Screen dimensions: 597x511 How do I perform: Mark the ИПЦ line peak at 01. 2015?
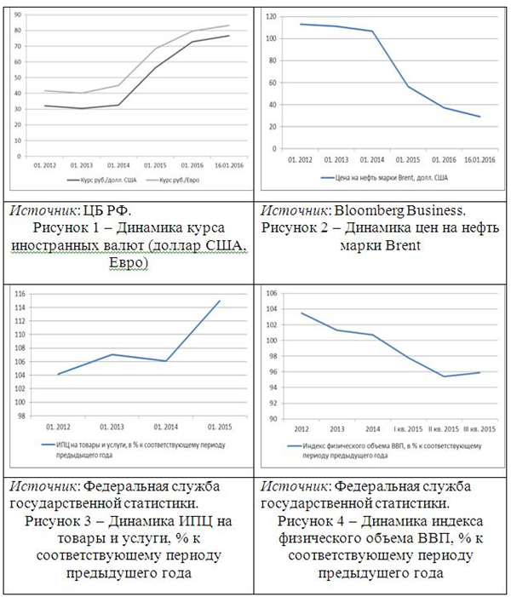(219, 301)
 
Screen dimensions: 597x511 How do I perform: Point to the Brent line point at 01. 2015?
(407, 86)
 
